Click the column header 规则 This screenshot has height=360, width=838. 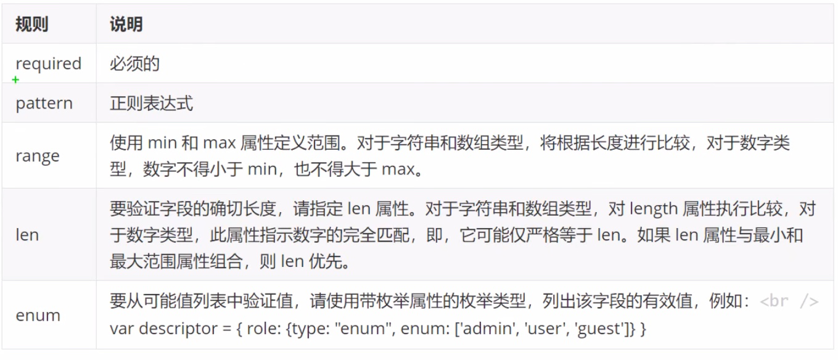(x=31, y=25)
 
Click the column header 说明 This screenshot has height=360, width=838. (x=126, y=25)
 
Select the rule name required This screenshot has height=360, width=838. (x=48, y=63)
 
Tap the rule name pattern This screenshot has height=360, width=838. (x=44, y=103)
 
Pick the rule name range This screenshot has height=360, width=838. (x=38, y=156)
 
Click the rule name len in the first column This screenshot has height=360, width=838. (x=27, y=235)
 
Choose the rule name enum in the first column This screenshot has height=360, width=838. (x=38, y=315)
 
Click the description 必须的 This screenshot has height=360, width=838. (x=134, y=63)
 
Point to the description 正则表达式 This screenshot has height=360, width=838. (x=151, y=103)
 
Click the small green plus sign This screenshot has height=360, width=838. (x=15, y=80)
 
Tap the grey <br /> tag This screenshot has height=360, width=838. (x=789, y=301)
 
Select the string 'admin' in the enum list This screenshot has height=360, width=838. (x=484, y=329)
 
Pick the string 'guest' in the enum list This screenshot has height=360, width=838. (x=596, y=329)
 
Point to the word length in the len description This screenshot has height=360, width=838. (x=653, y=209)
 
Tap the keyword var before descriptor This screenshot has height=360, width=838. (x=122, y=329)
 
